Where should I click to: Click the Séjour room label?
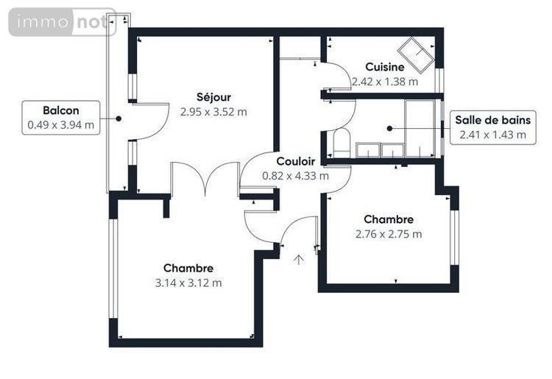point(213,97)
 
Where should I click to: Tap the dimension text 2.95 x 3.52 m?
point(213,112)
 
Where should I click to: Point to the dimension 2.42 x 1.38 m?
point(384,82)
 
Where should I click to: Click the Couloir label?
point(296,161)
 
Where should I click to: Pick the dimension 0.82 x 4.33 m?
point(296,176)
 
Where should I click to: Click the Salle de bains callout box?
point(492,127)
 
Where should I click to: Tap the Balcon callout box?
point(60,118)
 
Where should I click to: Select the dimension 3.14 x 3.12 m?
point(188,283)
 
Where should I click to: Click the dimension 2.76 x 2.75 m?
point(389,234)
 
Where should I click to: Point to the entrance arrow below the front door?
point(300,258)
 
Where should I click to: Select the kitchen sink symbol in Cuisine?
point(414,52)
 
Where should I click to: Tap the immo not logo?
point(62,23)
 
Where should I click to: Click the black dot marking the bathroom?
point(389,128)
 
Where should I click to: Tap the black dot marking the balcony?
point(118,118)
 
